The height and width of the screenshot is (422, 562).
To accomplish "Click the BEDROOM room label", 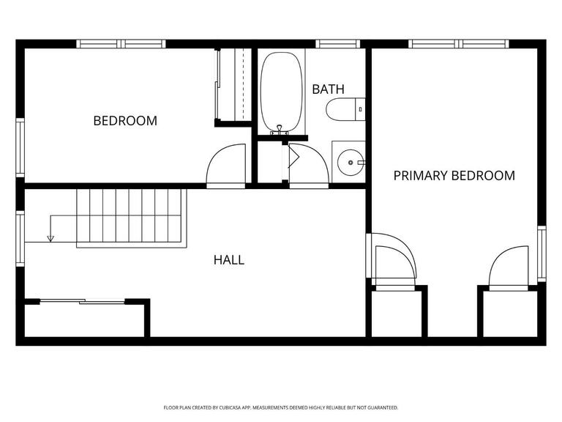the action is click(125, 121).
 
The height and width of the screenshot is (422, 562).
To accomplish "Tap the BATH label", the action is click(328, 89).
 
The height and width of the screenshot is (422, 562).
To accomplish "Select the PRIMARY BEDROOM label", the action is click(454, 176).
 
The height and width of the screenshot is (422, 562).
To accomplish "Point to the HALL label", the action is click(229, 260).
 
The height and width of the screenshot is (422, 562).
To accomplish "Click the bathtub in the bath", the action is click(281, 92).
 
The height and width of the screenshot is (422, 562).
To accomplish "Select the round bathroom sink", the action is click(351, 163).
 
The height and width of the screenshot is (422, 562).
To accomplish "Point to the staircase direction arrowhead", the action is click(50, 238).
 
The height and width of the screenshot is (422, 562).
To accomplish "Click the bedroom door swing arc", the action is click(215, 158).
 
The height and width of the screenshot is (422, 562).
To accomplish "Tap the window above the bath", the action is click(337, 44).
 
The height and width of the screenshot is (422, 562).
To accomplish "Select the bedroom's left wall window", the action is click(20, 147).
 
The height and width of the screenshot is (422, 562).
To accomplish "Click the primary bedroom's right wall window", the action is click(542, 253).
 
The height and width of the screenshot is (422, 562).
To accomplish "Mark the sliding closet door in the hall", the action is click(83, 301).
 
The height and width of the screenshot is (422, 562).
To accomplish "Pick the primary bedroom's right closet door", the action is click(509, 267).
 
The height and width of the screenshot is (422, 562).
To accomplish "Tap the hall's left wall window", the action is click(20, 239).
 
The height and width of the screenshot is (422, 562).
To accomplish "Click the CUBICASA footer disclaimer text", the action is click(281, 407).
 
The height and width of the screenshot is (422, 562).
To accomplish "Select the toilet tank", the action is click(360, 109).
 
